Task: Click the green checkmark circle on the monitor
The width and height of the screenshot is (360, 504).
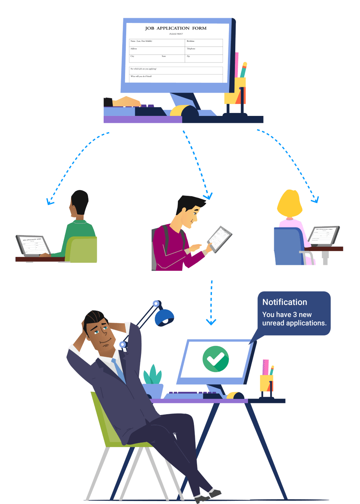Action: click(216, 359)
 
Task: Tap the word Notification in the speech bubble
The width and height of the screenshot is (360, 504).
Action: click(284, 302)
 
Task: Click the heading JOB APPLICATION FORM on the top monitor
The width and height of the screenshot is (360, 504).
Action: click(176, 28)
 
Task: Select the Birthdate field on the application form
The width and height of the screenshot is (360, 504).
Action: click(204, 43)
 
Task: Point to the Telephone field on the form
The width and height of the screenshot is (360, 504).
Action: click(204, 51)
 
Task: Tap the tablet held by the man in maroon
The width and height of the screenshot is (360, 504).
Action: click(219, 239)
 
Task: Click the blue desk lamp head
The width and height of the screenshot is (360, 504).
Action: click(164, 317)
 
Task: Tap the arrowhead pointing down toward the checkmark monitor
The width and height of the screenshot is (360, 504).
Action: click(211, 322)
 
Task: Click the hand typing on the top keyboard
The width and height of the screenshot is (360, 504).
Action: click(126, 101)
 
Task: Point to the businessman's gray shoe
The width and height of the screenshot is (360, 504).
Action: click(215, 493)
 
